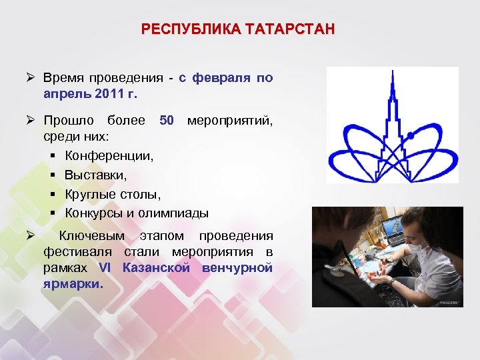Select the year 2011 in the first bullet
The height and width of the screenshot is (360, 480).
click(x=107, y=93)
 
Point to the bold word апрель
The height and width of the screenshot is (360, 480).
click(x=65, y=93)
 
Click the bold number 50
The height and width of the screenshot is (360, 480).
click(x=167, y=121)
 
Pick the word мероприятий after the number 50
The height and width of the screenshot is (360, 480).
click(x=230, y=121)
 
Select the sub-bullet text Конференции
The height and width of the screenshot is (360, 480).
click(x=109, y=155)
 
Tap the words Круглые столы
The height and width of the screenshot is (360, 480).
click(x=113, y=194)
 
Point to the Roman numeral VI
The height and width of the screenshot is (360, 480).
click(x=105, y=268)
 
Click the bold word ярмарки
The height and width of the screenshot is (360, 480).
click(x=73, y=284)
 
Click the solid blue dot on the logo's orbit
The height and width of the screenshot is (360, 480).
click(x=411, y=136)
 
